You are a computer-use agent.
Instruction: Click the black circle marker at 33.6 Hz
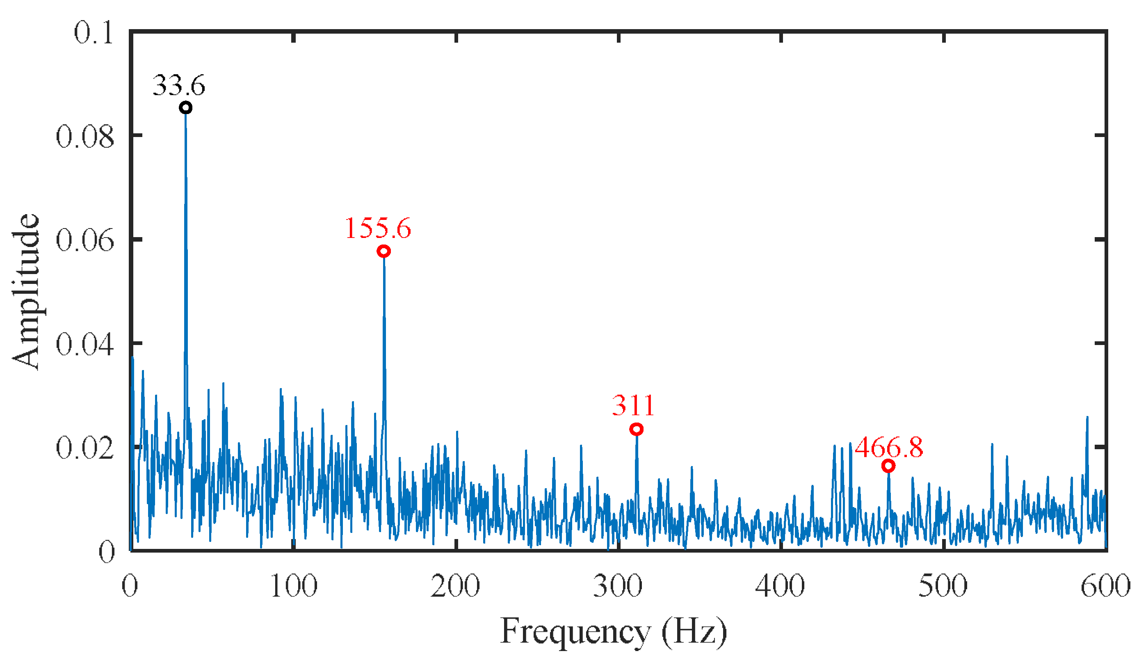click(x=185, y=108)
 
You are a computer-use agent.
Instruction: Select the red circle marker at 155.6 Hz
click(x=384, y=251)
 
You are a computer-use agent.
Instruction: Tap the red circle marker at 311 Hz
click(x=637, y=429)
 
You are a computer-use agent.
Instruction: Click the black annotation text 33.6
click(x=179, y=85)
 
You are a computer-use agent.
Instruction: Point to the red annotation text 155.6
click(x=378, y=228)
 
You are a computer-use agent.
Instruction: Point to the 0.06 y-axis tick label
click(x=85, y=240)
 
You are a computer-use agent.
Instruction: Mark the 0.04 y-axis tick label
click(x=85, y=345)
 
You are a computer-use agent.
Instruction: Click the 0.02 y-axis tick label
click(x=85, y=448)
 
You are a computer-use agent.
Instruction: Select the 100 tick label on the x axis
click(x=294, y=587)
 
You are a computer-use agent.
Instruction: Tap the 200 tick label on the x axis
click(x=456, y=587)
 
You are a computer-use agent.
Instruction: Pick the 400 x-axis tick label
click(x=781, y=587)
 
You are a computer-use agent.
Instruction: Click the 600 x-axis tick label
click(x=1105, y=587)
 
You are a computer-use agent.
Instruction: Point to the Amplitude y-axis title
click(x=27, y=292)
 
